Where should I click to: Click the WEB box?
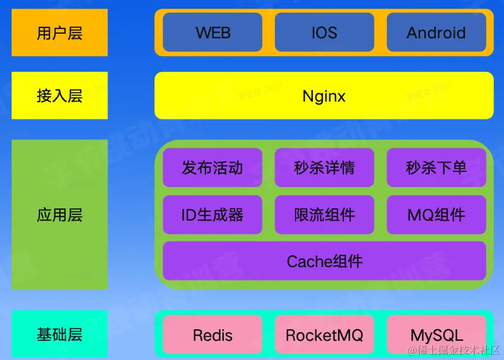(213, 33)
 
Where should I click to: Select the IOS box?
(324, 33)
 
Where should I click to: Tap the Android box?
(436, 33)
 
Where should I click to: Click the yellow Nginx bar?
(324, 95)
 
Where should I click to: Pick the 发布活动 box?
(213, 168)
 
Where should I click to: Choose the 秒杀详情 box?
(324, 168)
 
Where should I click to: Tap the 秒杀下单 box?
(436, 168)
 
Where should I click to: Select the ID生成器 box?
(213, 215)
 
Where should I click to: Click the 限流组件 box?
(324, 215)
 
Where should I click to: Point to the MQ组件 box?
(436, 215)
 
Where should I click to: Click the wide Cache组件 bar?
(324, 261)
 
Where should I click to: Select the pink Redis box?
(213, 335)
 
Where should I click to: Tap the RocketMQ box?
(324, 335)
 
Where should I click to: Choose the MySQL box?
(436, 335)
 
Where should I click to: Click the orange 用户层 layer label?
(59, 33)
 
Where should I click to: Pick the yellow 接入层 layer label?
(59, 95)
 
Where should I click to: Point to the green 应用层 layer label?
(59, 215)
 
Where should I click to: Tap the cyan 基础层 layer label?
(59, 334)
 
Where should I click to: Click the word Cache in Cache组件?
(305, 261)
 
